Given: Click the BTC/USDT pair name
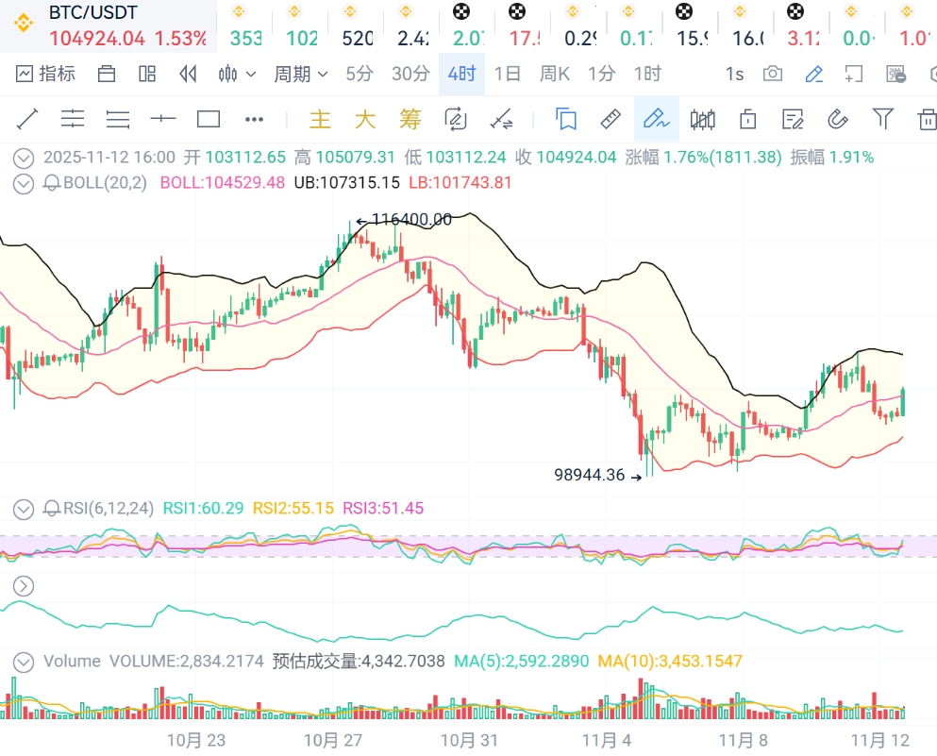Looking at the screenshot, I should click(x=92, y=12).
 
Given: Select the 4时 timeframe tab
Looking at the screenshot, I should click(x=461, y=74).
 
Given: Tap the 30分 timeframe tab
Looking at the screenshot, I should click(x=410, y=74).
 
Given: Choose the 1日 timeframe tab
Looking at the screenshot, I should click(x=508, y=74).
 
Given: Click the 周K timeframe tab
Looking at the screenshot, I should click(x=555, y=74).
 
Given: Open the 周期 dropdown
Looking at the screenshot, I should click(x=300, y=74).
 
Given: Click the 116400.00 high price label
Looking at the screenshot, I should click(x=411, y=220).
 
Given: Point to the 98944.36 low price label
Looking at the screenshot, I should click(x=590, y=475).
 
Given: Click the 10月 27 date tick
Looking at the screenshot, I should click(x=334, y=740).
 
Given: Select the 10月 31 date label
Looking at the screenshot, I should click(x=469, y=740).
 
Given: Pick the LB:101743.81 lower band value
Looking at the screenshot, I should click(x=460, y=182).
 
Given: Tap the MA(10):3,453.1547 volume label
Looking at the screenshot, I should click(x=670, y=661).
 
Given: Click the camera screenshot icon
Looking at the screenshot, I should click(x=773, y=74).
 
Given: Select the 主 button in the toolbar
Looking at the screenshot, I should click(x=321, y=119).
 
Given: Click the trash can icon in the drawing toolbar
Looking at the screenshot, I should click(x=927, y=119).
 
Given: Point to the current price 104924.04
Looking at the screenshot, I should click(x=97, y=39).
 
